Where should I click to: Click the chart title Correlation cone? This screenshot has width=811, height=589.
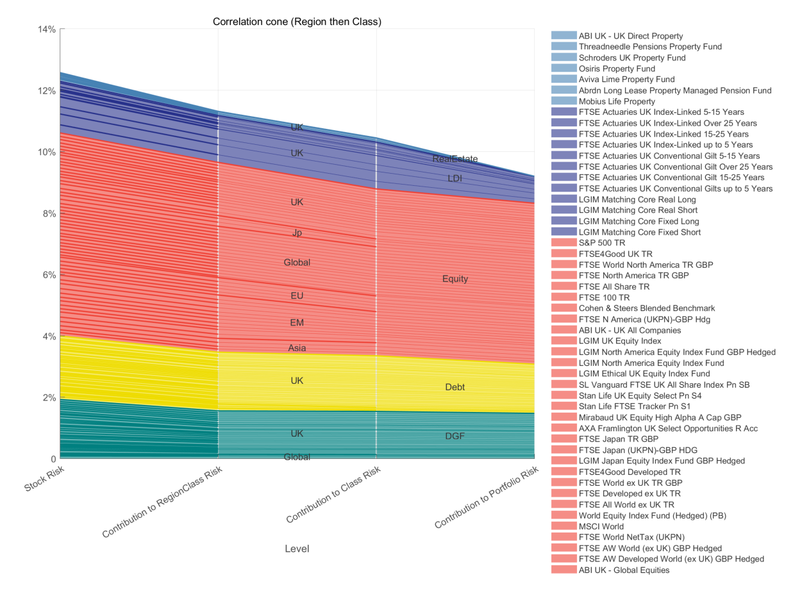pos(297,22)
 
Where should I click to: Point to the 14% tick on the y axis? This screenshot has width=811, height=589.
pos(47,29)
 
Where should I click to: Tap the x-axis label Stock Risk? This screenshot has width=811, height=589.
pos(45,480)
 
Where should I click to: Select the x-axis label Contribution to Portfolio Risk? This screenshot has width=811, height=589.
pos(486,498)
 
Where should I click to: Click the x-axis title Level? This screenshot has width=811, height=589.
pos(297,549)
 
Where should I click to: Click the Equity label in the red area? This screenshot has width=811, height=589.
pos(455,279)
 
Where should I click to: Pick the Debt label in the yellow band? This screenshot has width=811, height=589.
pos(455,387)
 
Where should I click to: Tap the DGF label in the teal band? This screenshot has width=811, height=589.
pos(455,436)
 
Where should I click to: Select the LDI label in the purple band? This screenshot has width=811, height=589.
pos(455,178)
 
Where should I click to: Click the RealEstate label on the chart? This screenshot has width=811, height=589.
pos(455,159)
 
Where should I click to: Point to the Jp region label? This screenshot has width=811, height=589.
pos(297,233)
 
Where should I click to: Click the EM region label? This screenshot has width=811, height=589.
pos(297,322)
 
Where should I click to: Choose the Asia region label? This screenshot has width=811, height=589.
pos(297,348)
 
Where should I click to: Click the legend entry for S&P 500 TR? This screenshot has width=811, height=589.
pos(601,243)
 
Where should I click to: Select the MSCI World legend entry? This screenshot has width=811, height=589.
pos(601,526)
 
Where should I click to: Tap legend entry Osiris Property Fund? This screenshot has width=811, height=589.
pos(616,69)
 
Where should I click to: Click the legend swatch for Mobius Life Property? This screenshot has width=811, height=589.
pos(564,101)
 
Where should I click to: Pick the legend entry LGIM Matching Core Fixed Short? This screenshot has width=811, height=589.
pos(639,232)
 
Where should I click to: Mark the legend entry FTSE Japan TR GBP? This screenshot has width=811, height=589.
pos(618,439)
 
